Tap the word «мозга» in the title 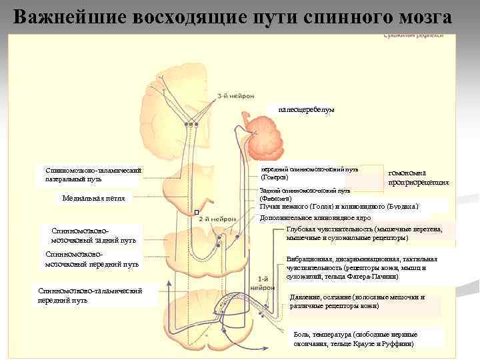pyautogui.click(x=419, y=16)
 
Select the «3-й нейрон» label pyautogui.click(x=235, y=96)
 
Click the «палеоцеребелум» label pyautogui.click(x=306, y=109)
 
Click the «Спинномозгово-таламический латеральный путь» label pyautogui.click(x=93, y=174)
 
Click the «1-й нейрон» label pyautogui.click(x=263, y=283)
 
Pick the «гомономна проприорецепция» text pyautogui.click(x=418, y=177)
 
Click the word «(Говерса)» pyautogui.click(x=275, y=177)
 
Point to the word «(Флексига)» pyautogui.click(x=275, y=198)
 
